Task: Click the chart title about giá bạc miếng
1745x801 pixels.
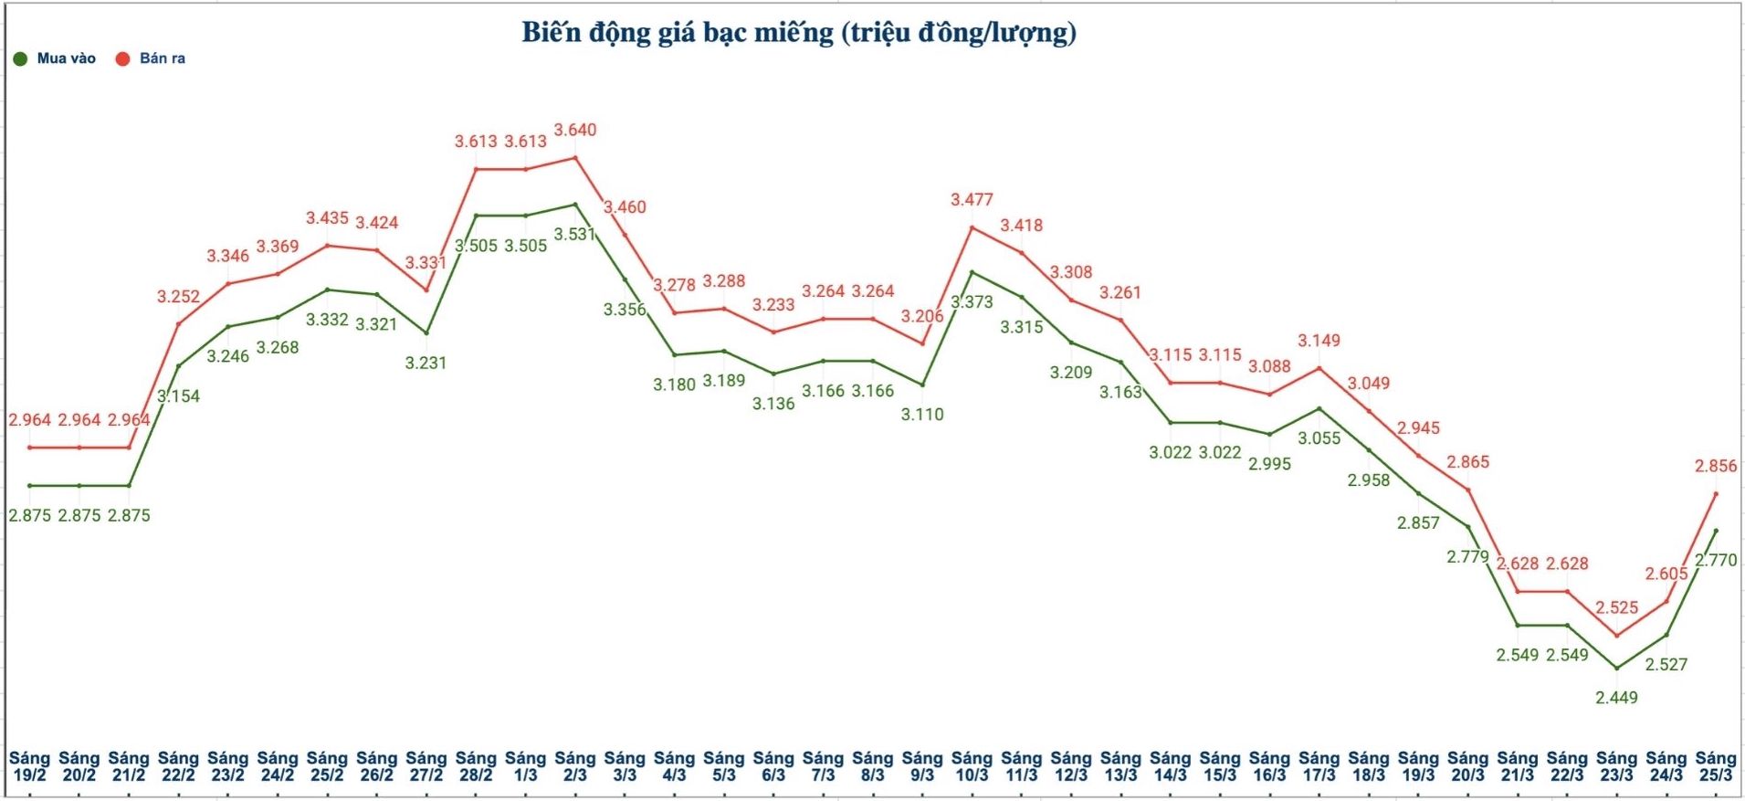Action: (x=799, y=33)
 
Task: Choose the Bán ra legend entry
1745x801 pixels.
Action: (x=151, y=58)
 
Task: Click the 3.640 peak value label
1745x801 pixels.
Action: (x=575, y=130)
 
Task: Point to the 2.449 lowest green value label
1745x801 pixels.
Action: (x=1616, y=698)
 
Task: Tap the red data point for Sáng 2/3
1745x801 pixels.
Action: (x=575, y=158)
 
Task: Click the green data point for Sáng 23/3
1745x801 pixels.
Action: (x=1616, y=669)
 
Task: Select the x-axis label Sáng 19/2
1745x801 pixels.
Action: (x=29, y=766)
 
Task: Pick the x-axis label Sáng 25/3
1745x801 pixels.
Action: (x=1715, y=766)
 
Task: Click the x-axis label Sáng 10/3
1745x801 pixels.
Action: (x=972, y=766)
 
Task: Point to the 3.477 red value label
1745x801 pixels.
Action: (x=972, y=199)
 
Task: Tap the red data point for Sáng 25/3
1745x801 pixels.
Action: (x=1716, y=494)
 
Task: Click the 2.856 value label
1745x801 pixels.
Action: (x=1716, y=466)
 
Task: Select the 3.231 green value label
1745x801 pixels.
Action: (x=426, y=363)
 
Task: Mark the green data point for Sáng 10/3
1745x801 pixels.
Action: (x=972, y=272)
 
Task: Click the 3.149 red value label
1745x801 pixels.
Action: (x=1319, y=341)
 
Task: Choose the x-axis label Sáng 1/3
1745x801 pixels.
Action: (x=525, y=766)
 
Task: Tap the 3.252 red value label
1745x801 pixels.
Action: (x=178, y=296)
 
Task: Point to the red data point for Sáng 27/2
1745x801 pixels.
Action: (x=426, y=290)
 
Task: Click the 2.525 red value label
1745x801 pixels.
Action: (x=1616, y=607)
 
